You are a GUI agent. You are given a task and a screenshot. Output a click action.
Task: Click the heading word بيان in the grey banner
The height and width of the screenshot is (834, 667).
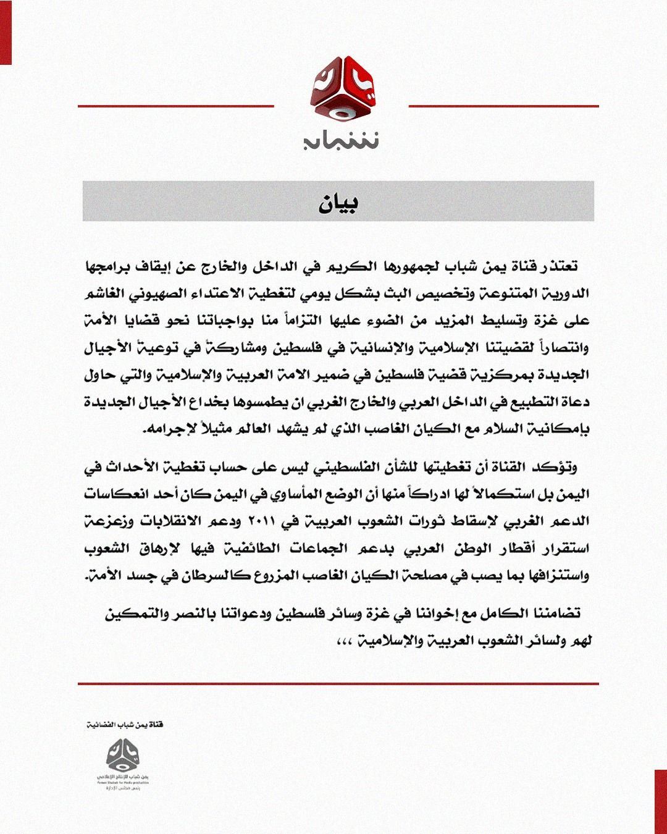click(x=338, y=202)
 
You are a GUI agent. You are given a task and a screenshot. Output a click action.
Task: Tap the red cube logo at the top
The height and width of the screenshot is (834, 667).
click(x=342, y=90)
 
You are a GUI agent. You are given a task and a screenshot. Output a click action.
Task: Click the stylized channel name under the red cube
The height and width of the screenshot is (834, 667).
click(x=341, y=140)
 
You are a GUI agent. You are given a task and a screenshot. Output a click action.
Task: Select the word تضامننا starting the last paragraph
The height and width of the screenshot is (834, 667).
click(x=552, y=613)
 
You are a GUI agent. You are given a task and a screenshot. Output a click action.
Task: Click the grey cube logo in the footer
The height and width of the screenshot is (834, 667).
click(x=123, y=755)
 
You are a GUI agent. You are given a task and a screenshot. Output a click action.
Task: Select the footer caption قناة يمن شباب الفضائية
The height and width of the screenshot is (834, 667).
click(x=125, y=724)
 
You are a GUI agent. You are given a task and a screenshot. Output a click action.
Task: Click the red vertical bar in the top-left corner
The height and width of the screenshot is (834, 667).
click(x=6, y=32)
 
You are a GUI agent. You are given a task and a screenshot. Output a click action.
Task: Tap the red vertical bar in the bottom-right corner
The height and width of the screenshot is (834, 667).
click(x=661, y=801)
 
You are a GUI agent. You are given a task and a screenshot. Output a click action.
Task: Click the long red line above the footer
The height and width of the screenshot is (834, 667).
click(x=338, y=684)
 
